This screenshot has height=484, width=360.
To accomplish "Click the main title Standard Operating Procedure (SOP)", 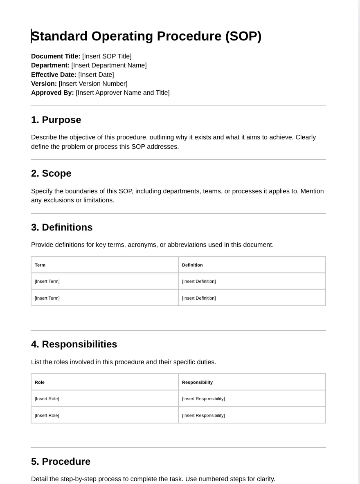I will (x=146, y=36).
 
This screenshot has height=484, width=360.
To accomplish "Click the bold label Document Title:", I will (x=56, y=56).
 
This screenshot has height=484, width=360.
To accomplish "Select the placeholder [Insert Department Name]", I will (x=109, y=65).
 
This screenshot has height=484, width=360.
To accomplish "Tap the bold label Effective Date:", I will (x=54, y=75).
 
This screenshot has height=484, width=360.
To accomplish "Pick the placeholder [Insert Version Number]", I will (x=93, y=84).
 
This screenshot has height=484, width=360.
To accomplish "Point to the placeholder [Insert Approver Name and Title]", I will (x=122, y=93).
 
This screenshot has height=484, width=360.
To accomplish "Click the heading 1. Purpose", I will (x=56, y=120).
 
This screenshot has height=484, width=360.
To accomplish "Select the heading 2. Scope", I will (x=51, y=173).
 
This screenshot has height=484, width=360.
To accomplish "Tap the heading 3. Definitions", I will (x=62, y=227).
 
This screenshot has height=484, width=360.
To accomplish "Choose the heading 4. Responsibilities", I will (x=74, y=344).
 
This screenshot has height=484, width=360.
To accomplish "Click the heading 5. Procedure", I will (x=61, y=462).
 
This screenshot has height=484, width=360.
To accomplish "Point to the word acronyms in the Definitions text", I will (x=142, y=245).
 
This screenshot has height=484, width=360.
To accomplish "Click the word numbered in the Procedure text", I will (x=211, y=479).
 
